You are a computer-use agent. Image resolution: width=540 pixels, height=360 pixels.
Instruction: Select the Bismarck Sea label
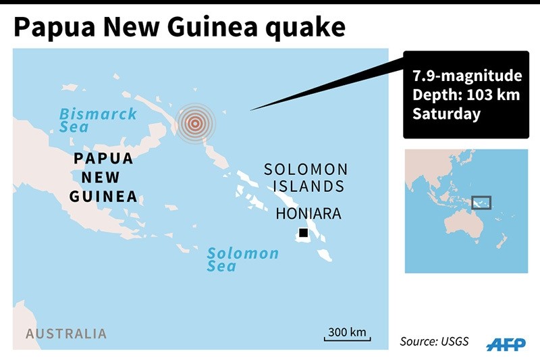(97, 120)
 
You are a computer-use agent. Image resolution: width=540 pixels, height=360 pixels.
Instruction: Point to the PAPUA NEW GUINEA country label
(103, 177)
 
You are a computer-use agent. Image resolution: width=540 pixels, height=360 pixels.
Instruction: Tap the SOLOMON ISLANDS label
(306, 178)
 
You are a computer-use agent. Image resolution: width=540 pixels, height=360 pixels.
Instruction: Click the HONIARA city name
(308, 214)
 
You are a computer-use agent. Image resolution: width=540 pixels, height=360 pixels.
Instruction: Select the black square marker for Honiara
(304, 234)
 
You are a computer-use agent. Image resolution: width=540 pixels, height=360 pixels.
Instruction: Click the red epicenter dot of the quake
(195, 123)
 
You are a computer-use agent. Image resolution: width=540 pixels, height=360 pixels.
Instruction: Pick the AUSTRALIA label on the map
(66, 334)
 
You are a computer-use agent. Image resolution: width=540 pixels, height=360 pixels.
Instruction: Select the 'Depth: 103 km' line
(466, 95)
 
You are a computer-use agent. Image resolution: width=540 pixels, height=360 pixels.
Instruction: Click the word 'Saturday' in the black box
(446, 113)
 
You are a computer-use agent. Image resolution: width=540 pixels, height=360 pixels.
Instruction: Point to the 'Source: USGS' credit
(434, 341)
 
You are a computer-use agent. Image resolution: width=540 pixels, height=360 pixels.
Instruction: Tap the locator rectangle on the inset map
(481, 203)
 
